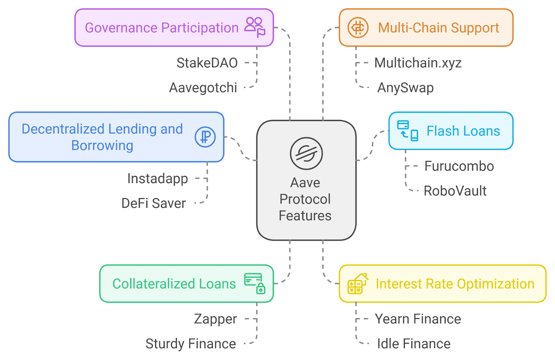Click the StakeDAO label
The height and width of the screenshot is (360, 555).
[x=207, y=63]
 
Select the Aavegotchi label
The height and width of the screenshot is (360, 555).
[x=203, y=88]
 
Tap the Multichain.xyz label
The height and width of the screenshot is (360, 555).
[x=418, y=63]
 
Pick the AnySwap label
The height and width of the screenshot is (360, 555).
[x=405, y=88]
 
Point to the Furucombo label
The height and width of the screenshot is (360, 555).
[x=459, y=166]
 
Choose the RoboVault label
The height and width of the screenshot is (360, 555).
[x=455, y=191]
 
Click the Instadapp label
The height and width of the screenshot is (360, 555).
[x=157, y=179]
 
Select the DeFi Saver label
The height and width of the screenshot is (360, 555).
[x=154, y=203]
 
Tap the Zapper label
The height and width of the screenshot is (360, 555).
[x=215, y=319]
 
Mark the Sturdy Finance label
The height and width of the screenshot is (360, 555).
[x=191, y=344]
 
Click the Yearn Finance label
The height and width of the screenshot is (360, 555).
[x=418, y=319]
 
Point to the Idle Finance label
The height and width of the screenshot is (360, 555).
[x=414, y=344]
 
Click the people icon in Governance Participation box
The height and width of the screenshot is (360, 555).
[x=255, y=27]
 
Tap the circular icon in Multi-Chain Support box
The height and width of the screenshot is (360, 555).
[x=358, y=27]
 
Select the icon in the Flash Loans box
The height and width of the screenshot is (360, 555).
[x=408, y=131]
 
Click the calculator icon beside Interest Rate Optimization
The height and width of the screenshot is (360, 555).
[x=357, y=284]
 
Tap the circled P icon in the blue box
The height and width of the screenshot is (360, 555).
[x=205, y=137]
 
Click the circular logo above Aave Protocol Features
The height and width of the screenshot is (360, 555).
[x=306, y=153]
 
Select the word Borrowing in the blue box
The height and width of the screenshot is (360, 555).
[x=102, y=146]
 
